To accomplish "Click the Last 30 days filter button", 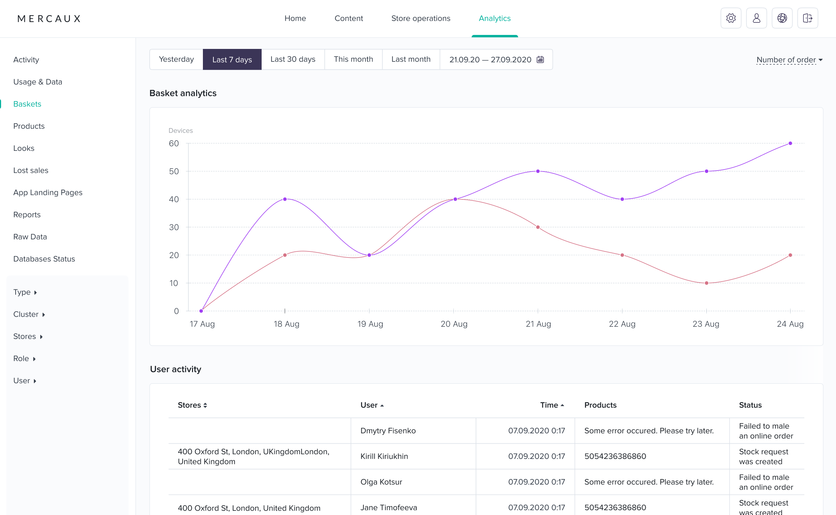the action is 293,59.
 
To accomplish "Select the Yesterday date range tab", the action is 176,59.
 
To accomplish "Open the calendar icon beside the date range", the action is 540,59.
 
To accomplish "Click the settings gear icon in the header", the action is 731,18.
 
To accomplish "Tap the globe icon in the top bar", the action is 782,18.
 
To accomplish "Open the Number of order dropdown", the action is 790,60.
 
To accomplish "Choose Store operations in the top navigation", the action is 421,18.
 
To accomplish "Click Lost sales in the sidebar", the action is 31,170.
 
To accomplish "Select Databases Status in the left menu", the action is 44,259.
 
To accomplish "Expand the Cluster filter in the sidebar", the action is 29,314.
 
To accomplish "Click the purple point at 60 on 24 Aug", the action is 790,143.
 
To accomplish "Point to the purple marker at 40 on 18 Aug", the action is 285,199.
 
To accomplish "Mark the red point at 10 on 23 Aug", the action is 706,283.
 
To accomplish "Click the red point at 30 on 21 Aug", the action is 538,227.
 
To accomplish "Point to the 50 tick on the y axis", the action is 174,171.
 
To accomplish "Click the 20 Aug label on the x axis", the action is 454,324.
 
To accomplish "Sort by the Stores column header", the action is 192,405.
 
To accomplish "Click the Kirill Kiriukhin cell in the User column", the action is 384,457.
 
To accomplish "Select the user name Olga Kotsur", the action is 381,482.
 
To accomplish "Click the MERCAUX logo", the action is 49,19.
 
